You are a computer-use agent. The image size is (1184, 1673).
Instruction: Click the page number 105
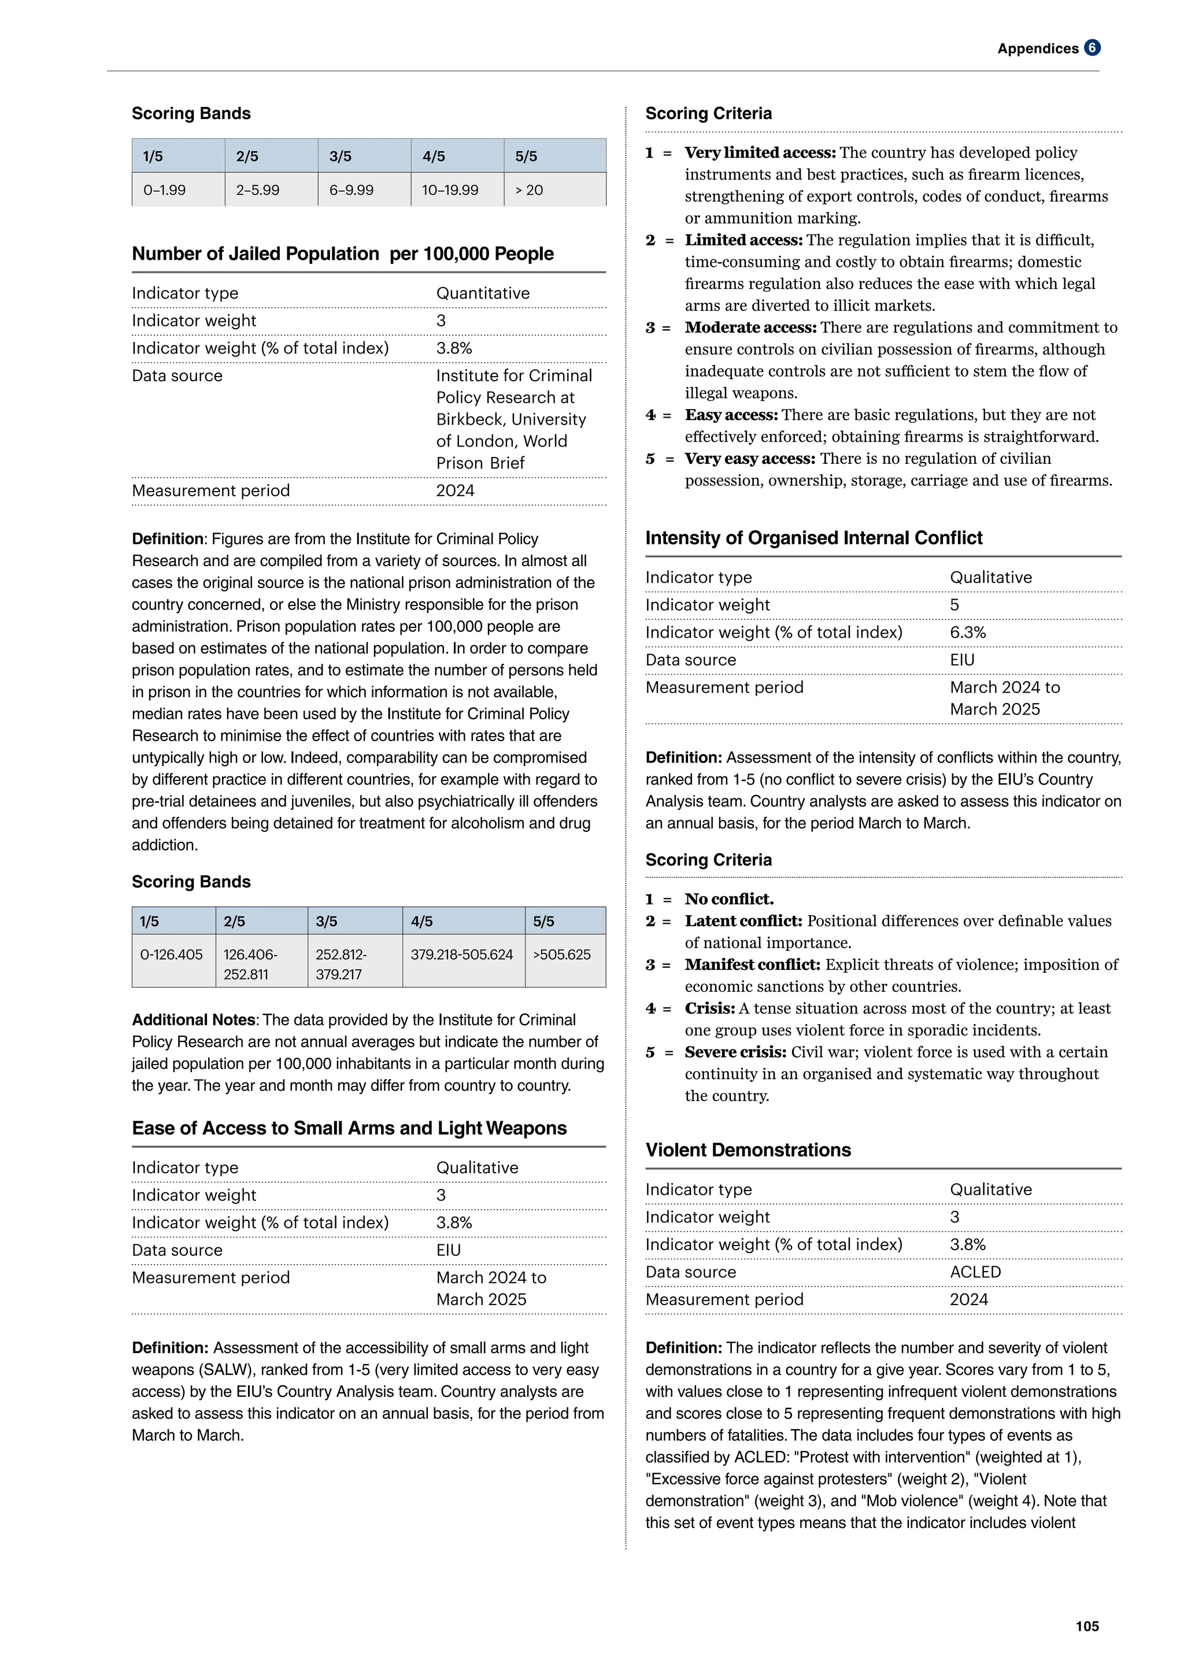click(1086, 1626)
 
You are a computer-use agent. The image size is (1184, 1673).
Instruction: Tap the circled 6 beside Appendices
click(1091, 48)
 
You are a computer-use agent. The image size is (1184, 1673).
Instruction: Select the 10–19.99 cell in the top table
click(450, 190)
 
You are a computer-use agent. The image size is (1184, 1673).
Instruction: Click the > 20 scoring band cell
click(530, 190)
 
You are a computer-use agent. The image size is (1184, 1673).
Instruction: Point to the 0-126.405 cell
click(171, 954)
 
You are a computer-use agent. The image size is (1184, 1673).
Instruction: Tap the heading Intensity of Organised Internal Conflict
click(813, 538)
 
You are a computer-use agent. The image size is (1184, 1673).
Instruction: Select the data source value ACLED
click(975, 1272)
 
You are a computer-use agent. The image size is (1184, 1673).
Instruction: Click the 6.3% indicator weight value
click(967, 633)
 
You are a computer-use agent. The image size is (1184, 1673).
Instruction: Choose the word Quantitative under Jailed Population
click(483, 293)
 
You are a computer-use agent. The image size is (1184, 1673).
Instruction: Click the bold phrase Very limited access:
click(760, 153)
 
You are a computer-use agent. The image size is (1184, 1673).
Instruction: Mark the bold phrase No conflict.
click(729, 899)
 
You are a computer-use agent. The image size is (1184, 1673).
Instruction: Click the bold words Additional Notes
click(193, 1020)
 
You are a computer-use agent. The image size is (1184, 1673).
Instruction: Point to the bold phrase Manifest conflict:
click(752, 965)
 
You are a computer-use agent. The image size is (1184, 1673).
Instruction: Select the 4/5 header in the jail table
click(422, 921)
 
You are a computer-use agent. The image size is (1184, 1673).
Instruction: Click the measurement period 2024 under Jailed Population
click(455, 490)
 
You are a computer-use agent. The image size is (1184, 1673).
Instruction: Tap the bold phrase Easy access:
click(731, 415)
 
